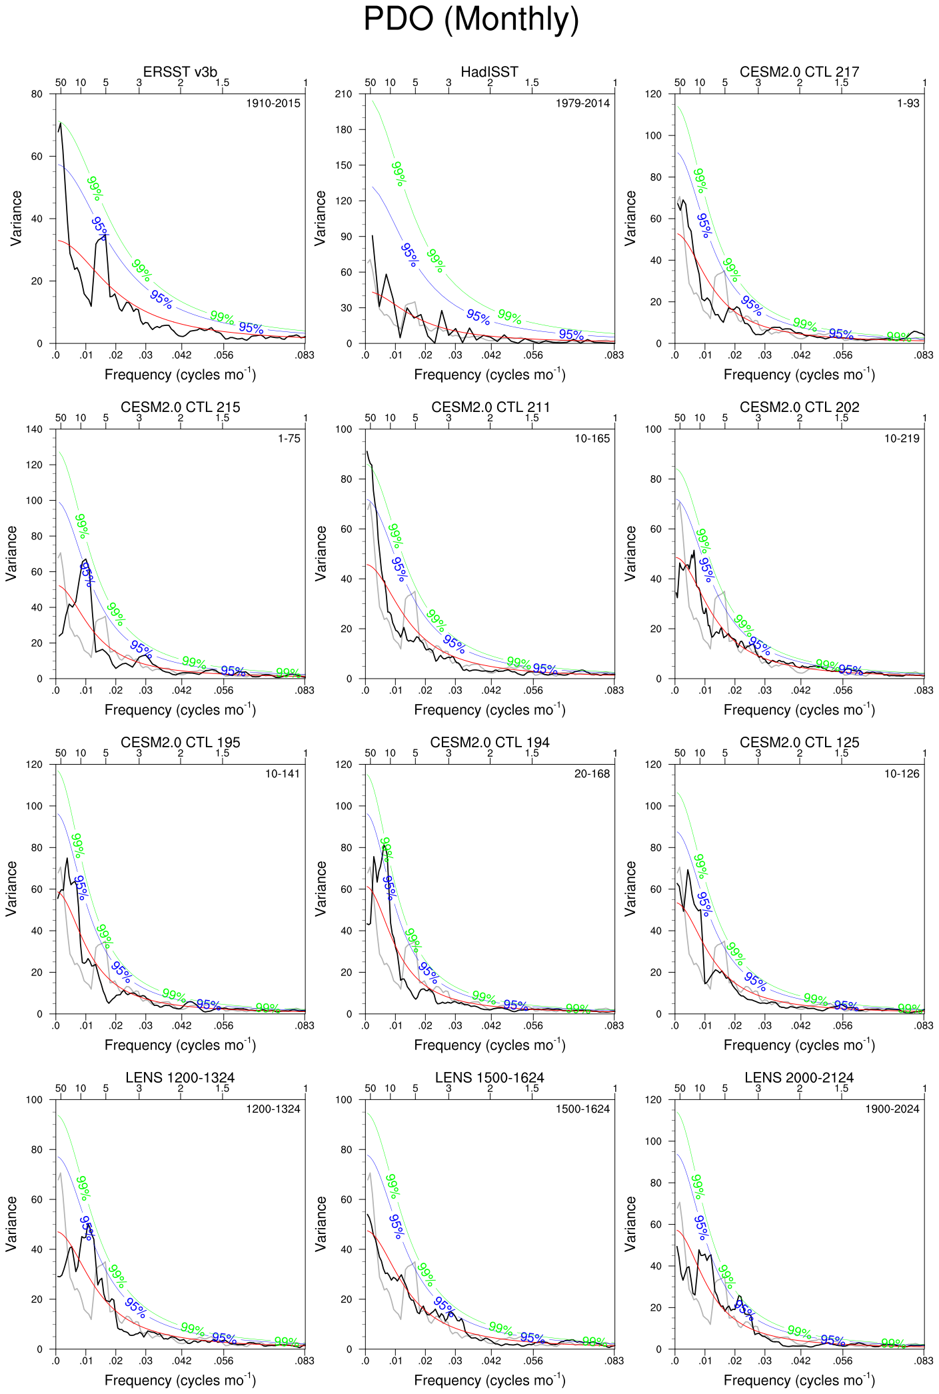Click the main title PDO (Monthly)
tap(470, 20)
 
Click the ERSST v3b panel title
tap(180, 72)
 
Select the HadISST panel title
tap(489, 72)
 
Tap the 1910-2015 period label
tap(273, 103)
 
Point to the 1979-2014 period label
tap(582, 103)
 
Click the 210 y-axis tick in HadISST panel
tap(344, 94)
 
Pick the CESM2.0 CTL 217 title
tap(799, 72)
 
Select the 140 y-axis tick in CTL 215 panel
tap(34, 429)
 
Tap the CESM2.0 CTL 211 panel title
tap(490, 407)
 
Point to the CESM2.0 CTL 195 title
tap(180, 743)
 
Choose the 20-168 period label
tap(592, 774)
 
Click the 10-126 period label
tap(902, 774)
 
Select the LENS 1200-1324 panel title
tap(180, 1078)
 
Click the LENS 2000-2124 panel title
tap(799, 1078)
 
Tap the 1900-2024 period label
tap(892, 1109)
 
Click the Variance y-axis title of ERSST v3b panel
tap(17, 219)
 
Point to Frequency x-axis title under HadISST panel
tap(490, 375)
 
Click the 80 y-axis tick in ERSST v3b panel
tap(37, 94)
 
